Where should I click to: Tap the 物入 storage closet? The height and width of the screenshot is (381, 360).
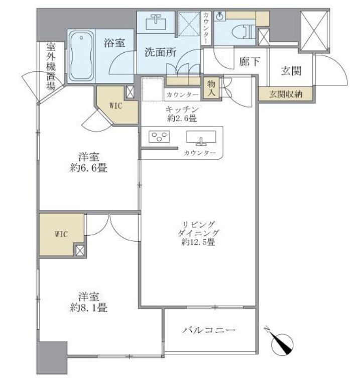click(x=209, y=88)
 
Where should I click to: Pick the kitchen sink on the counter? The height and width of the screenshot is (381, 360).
click(x=201, y=137)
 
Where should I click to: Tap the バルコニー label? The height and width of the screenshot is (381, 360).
click(x=209, y=330)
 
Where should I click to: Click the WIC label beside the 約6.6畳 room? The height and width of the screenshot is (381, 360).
click(x=116, y=105)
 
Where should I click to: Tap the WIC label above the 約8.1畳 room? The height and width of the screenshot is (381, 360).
click(x=61, y=234)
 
